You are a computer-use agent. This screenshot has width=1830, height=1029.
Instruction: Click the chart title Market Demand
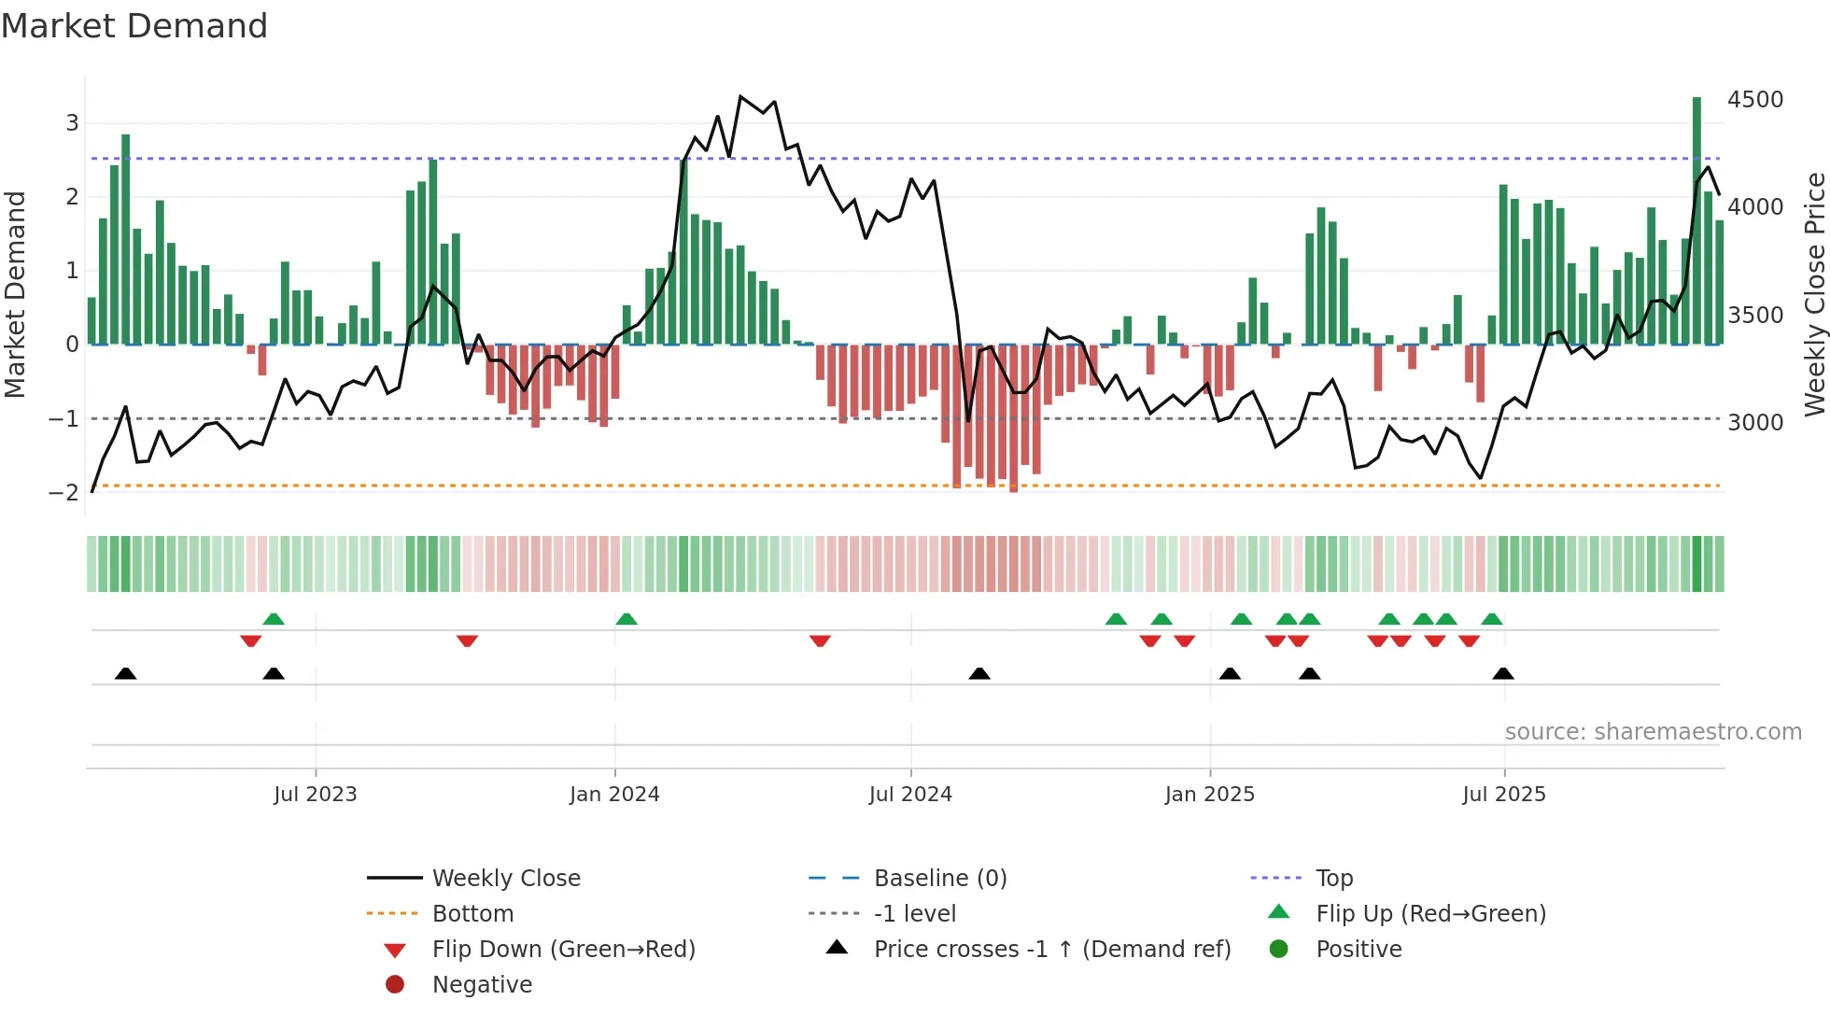coord(134,26)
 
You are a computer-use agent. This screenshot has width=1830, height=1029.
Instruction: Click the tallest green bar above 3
coord(1696,220)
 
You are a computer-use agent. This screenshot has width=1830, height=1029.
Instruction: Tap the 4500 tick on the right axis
coord(1754,100)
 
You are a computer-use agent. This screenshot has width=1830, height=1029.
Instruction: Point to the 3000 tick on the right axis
coord(1754,423)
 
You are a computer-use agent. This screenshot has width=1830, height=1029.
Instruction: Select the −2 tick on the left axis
coord(63,493)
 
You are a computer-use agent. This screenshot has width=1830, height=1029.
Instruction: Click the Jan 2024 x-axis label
coord(614,795)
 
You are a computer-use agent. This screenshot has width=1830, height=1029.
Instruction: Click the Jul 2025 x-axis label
coord(1503,795)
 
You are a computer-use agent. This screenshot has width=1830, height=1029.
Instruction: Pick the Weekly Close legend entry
coord(505,879)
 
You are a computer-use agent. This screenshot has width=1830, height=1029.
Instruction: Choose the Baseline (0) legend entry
coord(939,879)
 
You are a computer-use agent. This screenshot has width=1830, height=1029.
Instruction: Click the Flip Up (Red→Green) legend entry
coord(1430,914)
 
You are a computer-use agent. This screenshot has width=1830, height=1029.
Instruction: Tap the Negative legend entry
coord(482,985)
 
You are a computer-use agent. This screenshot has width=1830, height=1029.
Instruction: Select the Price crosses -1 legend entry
coord(1051,950)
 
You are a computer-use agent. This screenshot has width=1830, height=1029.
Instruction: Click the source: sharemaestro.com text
coord(1653,732)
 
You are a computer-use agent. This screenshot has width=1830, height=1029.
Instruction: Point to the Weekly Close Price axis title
coord(1814,294)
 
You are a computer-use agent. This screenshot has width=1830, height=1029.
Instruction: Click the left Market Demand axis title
coord(15,294)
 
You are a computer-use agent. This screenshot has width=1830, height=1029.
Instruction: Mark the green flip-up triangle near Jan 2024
coord(626,619)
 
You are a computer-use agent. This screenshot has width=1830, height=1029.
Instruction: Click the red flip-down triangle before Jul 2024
coord(820,641)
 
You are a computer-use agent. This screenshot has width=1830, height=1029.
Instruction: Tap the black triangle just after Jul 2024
coord(979,673)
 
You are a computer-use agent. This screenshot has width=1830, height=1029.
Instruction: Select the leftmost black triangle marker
coord(126,673)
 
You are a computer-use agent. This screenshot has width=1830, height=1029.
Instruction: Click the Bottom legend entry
coord(472,914)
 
